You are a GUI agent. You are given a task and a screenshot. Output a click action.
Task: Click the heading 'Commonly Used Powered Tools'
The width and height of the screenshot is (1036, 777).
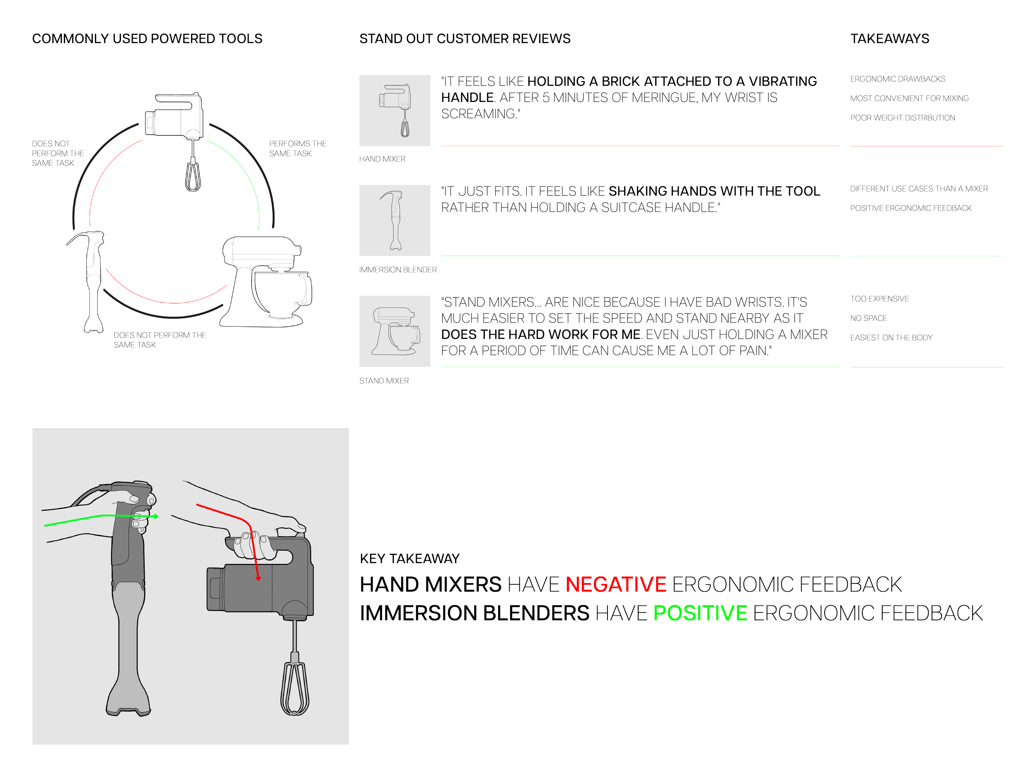click(x=147, y=39)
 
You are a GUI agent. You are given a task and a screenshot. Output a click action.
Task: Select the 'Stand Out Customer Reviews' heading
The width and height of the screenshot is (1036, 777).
click(x=465, y=39)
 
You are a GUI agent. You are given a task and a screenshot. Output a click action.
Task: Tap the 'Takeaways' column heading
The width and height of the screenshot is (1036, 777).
click(x=890, y=39)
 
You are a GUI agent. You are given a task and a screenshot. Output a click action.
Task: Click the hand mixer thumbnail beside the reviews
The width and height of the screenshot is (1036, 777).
click(x=395, y=111)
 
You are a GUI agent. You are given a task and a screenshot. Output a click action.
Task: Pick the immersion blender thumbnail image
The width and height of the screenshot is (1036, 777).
click(x=395, y=220)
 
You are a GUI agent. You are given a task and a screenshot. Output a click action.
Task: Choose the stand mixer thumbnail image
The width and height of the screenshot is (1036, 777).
click(x=395, y=331)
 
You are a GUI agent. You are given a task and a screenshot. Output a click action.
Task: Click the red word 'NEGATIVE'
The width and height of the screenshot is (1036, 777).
click(x=616, y=584)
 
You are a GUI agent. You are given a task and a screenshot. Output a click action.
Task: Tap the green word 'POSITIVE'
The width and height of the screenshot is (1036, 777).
click(x=700, y=613)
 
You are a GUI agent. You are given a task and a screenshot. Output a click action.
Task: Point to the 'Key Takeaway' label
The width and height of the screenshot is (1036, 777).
click(x=410, y=558)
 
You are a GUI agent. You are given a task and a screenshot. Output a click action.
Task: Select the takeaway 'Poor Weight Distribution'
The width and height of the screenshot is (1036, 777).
click(x=902, y=118)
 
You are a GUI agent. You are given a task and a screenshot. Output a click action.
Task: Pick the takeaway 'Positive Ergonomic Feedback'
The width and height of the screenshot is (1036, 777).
click(x=911, y=208)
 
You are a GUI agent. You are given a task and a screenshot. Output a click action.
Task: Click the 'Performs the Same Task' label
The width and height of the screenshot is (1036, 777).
click(x=298, y=148)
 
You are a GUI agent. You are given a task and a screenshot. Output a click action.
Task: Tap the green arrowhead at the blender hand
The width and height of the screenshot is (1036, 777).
click(x=156, y=516)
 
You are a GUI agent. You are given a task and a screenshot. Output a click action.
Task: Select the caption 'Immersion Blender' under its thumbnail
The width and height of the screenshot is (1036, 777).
click(x=398, y=270)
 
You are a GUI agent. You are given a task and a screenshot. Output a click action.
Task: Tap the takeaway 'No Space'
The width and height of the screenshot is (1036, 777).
click(x=868, y=318)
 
